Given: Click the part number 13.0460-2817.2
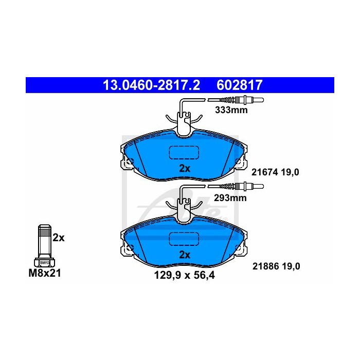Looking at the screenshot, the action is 151,85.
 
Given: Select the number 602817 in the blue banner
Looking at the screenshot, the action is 239,85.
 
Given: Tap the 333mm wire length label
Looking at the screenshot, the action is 231,110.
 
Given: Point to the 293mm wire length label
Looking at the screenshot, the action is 230,197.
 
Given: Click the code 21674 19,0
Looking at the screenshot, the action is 275,172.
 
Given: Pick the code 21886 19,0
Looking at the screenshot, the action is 276,266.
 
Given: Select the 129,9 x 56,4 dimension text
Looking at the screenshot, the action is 184,275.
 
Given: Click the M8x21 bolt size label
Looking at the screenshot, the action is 45,273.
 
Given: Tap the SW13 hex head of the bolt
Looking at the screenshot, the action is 45,262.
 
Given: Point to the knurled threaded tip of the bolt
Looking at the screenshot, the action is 45,230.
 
